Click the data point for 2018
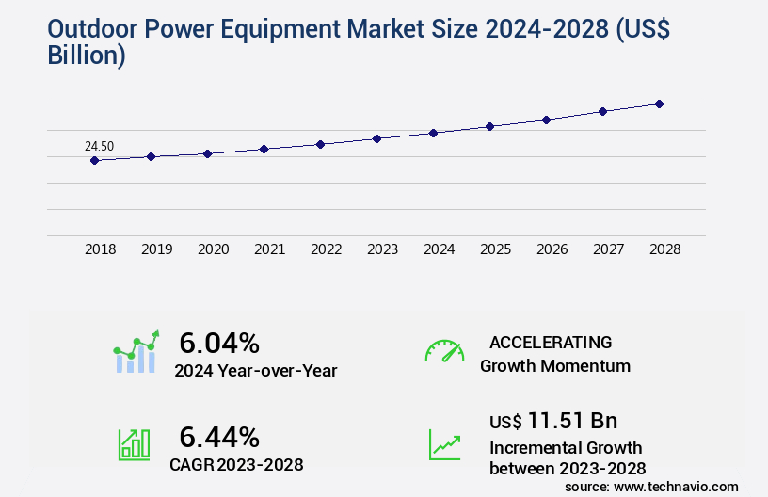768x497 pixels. [x=94, y=160]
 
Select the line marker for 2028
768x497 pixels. [x=659, y=104]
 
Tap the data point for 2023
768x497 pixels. [x=376, y=138]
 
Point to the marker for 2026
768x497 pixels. [x=546, y=120]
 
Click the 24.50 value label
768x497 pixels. [x=99, y=146]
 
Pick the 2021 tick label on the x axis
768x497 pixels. [x=269, y=249]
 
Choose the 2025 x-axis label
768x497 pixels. [x=495, y=249]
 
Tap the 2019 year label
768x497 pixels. [x=156, y=249]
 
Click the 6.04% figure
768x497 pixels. [x=219, y=342]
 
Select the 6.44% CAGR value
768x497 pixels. [x=219, y=436]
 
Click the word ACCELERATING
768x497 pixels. [x=551, y=342]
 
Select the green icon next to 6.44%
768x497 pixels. [x=134, y=444]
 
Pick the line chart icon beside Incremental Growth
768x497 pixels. [x=444, y=444]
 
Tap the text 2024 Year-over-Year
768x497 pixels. [x=255, y=370]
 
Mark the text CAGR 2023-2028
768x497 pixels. [x=236, y=464]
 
